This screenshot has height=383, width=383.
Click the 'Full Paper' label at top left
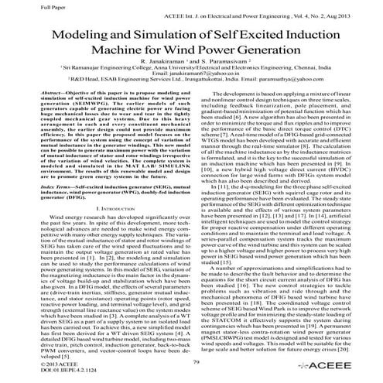click(19, 5)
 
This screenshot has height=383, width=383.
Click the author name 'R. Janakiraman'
click(162, 71)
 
